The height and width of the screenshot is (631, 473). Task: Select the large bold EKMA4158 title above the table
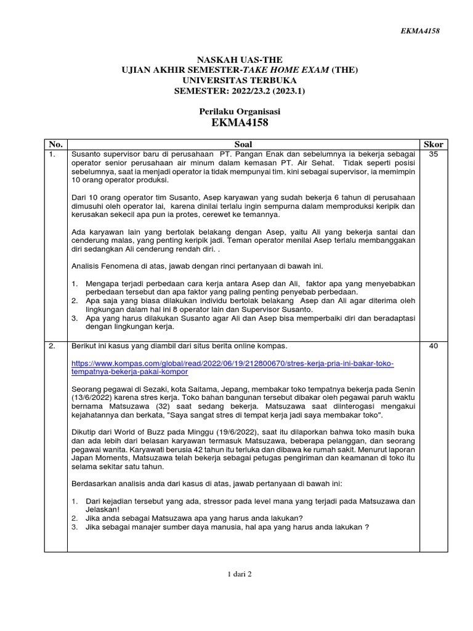click(240, 123)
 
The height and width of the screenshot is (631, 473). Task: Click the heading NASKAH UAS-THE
click(240, 60)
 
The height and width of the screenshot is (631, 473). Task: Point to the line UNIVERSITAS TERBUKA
click(240, 81)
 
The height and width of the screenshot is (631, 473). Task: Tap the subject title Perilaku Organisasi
click(240, 111)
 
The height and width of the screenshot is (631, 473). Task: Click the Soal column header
click(243, 144)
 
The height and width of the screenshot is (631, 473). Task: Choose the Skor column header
click(433, 144)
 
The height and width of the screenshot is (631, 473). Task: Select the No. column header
click(55, 144)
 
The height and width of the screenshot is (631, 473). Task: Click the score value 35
click(433, 153)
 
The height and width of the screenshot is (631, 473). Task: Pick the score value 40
click(433, 346)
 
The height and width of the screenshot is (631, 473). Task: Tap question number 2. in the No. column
click(52, 346)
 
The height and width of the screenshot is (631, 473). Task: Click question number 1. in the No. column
click(52, 153)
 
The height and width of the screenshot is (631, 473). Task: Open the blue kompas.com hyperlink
click(233, 368)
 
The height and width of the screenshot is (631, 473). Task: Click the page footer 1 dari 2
click(240, 574)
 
